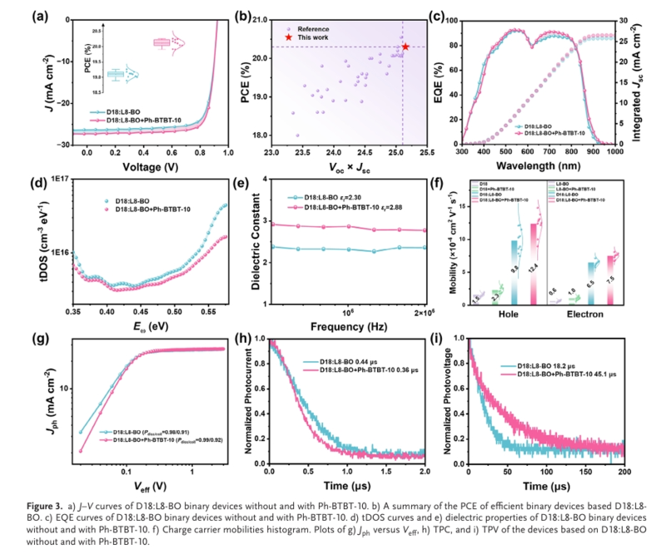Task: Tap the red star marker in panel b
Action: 405,47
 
